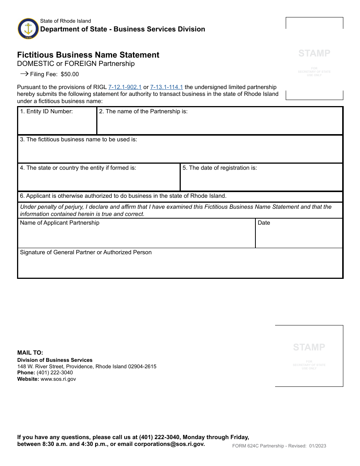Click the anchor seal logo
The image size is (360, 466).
(28, 29)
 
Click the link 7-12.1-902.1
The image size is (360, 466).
(125, 87)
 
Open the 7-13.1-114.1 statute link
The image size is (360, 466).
(166, 87)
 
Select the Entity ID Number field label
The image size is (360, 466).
(46, 111)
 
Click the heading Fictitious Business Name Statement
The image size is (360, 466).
(88, 55)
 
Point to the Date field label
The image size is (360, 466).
(264, 223)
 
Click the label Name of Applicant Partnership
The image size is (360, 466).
(59, 223)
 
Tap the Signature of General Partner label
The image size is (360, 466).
(86, 252)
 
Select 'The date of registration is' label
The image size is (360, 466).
(219, 168)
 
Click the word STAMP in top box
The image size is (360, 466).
(314, 53)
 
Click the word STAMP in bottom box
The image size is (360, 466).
(309, 347)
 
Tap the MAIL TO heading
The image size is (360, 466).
(30, 353)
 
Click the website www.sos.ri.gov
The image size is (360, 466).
(58, 379)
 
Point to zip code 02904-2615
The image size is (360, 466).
(142, 367)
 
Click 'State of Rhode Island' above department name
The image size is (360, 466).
(66, 21)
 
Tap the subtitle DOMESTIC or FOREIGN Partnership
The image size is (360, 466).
(76, 64)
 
